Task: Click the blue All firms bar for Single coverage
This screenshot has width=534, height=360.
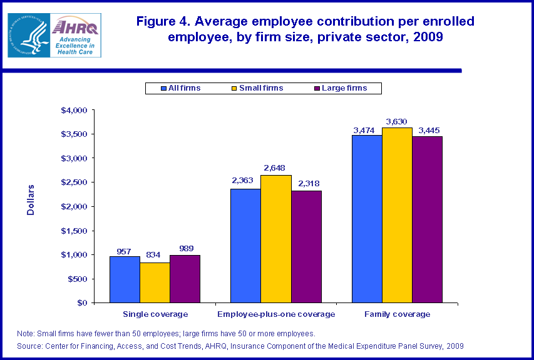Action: (125, 279)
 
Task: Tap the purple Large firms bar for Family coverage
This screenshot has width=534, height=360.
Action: (427, 219)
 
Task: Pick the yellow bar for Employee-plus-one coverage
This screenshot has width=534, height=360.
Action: (276, 239)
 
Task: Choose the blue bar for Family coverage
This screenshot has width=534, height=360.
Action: (367, 219)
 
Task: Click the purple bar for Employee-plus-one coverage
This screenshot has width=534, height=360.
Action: (306, 246)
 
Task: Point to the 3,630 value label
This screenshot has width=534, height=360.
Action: (398, 121)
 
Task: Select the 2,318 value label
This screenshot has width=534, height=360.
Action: (307, 184)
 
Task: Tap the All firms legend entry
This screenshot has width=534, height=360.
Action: (180, 88)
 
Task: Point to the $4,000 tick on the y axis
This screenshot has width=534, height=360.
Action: (74, 111)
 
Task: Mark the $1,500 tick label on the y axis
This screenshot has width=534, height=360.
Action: (74, 231)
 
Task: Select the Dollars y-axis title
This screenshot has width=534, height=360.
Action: (31, 199)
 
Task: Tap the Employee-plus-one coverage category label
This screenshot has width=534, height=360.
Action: (275, 314)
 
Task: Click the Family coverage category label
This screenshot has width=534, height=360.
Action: (397, 314)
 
